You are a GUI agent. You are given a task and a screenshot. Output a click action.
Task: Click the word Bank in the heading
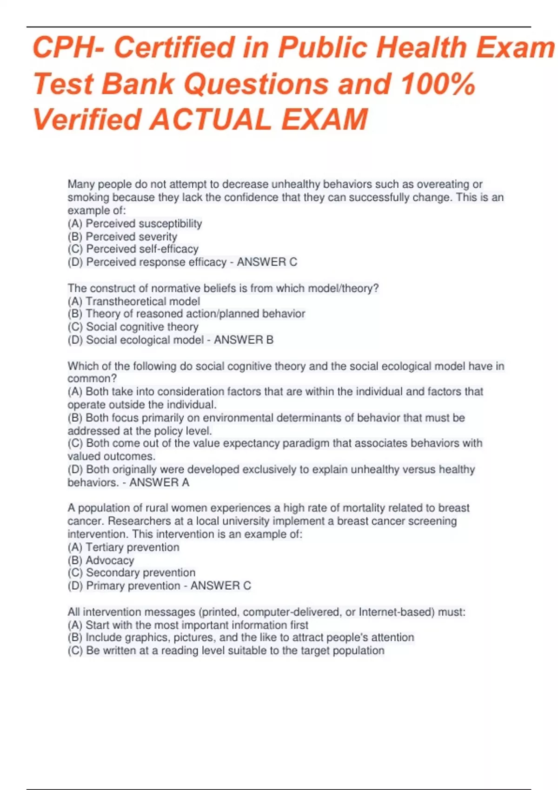(138, 84)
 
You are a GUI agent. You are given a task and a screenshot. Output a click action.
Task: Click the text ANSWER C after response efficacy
(267, 262)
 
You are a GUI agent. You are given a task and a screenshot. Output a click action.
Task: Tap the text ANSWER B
(244, 340)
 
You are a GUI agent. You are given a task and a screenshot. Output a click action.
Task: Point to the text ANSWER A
(159, 482)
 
